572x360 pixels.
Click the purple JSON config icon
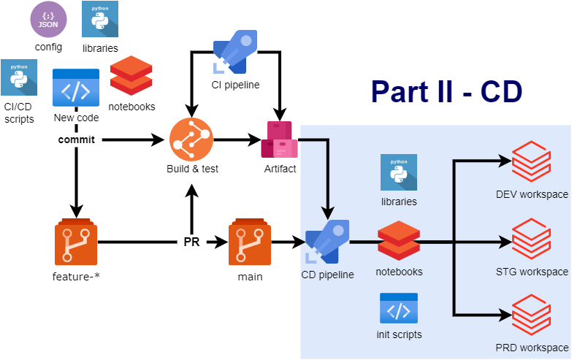click(x=48, y=20)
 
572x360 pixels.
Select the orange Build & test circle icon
click(x=191, y=139)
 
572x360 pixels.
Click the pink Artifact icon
click(x=279, y=139)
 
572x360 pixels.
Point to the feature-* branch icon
click(x=75, y=242)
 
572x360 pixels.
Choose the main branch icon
click(x=250, y=242)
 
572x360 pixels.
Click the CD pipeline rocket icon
click(x=327, y=242)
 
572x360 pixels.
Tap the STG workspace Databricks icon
click(x=532, y=240)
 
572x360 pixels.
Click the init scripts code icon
click(x=398, y=308)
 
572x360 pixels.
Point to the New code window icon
click(x=76, y=88)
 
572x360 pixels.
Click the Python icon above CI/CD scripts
click(x=19, y=77)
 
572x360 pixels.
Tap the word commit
click(x=77, y=139)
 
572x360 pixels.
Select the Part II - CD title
click(x=446, y=91)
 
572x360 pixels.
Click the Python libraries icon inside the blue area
click(x=398, y=172)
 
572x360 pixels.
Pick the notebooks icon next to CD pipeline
click(x=398, y=242)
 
